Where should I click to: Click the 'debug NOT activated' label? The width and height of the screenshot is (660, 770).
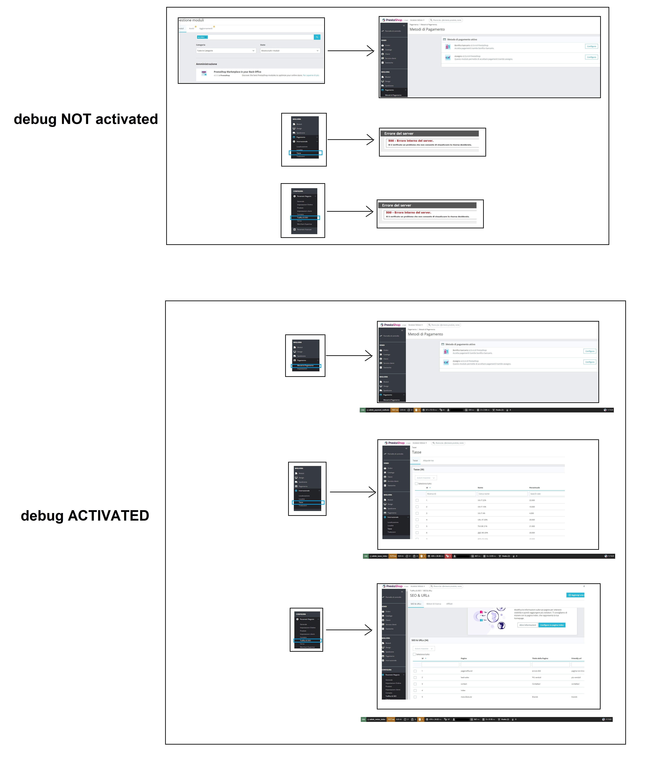pos(86,119)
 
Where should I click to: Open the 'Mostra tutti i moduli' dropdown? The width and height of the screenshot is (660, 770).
pos(289,51)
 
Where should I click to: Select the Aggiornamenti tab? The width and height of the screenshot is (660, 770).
pos(206,29)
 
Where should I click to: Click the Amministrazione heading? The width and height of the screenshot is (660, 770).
pos(206,64)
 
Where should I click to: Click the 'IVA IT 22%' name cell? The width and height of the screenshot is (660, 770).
pos(482,500)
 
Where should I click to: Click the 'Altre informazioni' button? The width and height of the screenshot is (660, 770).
pos(528,625)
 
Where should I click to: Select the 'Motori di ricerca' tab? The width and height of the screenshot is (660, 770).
pos(434,604)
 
